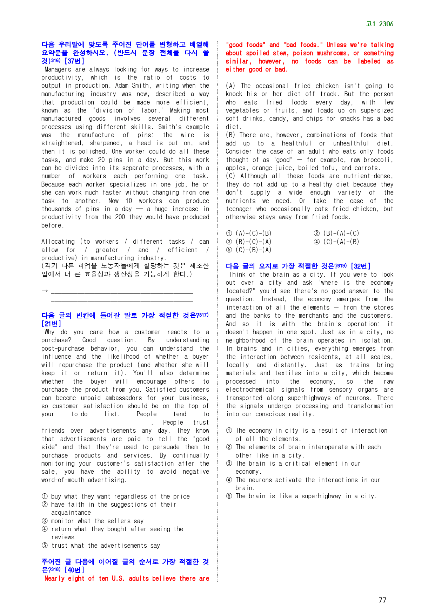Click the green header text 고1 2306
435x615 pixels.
pos(380,24)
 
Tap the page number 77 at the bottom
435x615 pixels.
pos(382,600)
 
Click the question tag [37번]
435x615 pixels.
pos(74,61)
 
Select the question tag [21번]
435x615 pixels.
pos(51,324)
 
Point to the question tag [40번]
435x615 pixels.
pos(74,570)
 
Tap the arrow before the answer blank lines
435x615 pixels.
pos(45,291)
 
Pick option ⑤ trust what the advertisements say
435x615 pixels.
pos(101,545)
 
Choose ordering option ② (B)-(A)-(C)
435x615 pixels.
pos(336,233)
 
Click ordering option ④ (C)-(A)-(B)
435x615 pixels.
pos(336,242)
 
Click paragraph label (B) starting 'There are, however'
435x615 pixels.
pos(230,135)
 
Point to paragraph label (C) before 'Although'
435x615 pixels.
pos(230,176)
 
